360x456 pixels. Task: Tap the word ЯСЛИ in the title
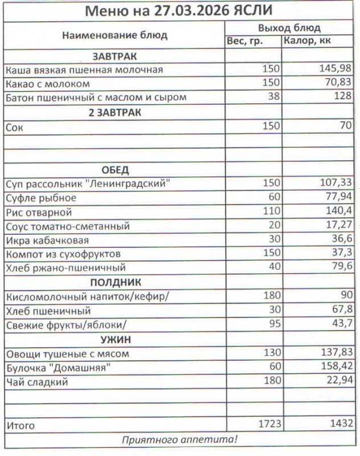[252, 10]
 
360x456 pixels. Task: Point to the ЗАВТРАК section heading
[114, 56]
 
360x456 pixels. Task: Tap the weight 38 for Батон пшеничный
[274, 97]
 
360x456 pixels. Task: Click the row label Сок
[14, 127]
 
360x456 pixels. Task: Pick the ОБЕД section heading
[114, 170]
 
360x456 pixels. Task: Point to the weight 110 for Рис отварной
[271, 213]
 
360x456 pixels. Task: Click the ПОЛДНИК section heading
[114, 283]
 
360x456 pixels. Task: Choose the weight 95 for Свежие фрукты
[274, 325]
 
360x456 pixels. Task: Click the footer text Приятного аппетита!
[180, 439]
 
